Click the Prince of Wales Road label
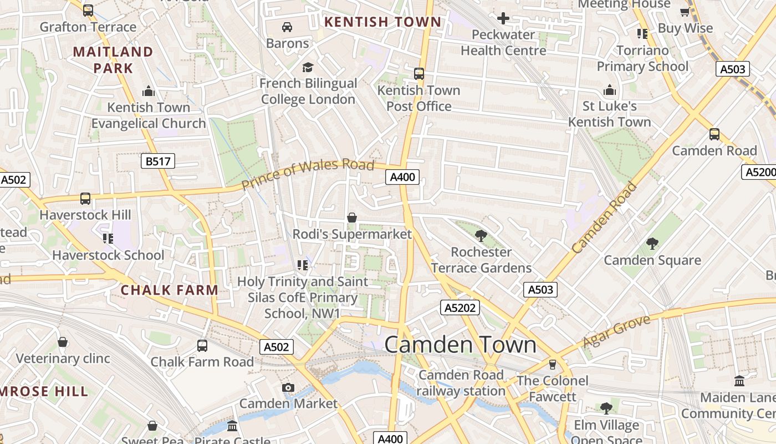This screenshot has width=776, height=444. pos(308,174)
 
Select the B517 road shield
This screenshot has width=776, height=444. pos(158,162)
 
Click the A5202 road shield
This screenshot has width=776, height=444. pos(460,307)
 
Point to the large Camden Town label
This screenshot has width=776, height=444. pos(460,345)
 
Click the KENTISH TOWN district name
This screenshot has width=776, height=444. pos(382,22)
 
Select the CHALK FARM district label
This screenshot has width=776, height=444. pos(170,290)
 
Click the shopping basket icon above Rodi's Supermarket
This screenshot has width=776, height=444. pos(351,218)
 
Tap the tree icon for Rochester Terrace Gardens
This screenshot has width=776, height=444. pos(481,236)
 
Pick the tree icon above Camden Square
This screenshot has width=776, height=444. pos(652,244)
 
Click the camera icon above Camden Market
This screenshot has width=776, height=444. pos(288,387)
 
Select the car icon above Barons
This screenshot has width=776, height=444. pos(287,27)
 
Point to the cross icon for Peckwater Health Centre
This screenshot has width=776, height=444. pos(503,18)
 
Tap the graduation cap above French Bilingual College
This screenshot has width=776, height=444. pos(308,67)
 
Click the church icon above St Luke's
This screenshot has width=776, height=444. pos(609,90)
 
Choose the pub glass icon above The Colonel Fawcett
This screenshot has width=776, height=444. pos(552,365)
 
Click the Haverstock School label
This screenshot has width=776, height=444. pos(108,255)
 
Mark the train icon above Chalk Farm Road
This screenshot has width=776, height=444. pos(202,346)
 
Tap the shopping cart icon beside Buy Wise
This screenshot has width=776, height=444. pos(685,12)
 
